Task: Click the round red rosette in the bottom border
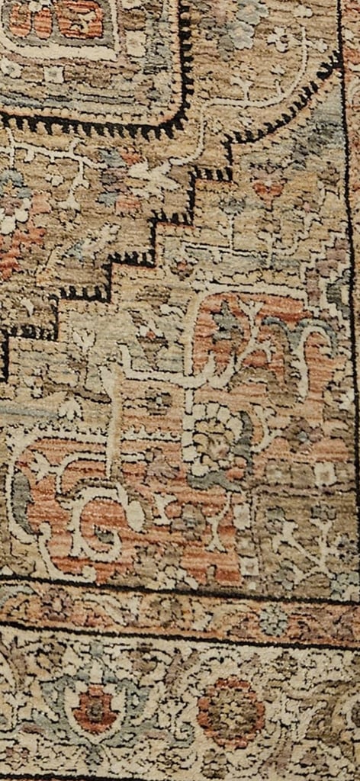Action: point(230,712)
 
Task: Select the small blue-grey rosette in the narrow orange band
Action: point(272,620)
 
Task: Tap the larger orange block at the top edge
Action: point(80,19)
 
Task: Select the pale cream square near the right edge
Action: point(325,474)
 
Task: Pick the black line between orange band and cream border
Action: point(180,635)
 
